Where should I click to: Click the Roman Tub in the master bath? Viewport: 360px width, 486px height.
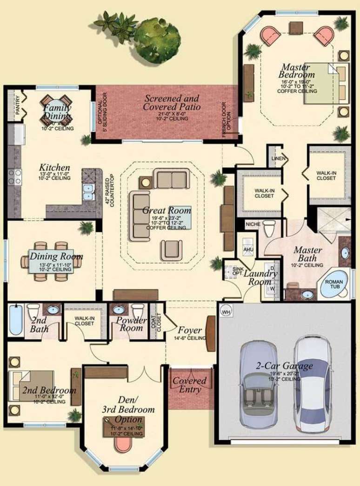[x=333, y=285]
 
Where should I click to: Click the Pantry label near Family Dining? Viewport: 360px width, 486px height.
[x=17, y=105]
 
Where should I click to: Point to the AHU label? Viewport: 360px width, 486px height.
[x=247, y=249]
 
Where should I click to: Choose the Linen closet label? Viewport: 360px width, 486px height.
[x=278, y=159]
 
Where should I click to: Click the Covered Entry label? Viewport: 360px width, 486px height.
[x=189, y=385]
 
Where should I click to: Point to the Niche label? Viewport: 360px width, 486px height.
[x=252, y=225]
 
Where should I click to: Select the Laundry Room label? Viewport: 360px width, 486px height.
[x=260, y=278]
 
